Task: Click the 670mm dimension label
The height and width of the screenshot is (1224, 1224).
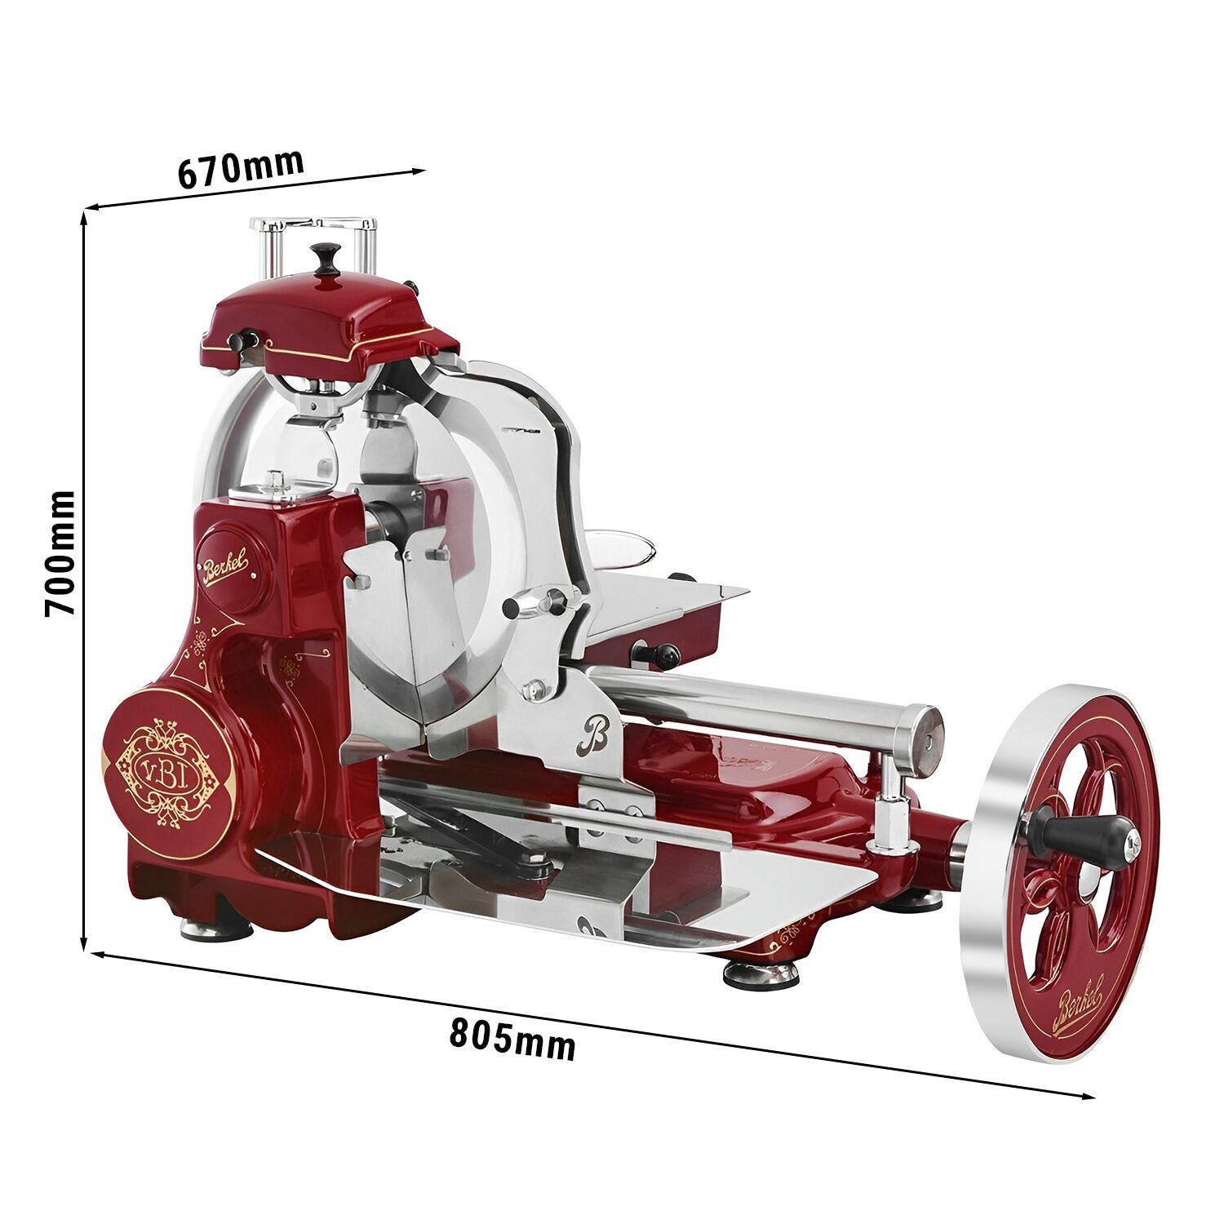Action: [x=241, y=167]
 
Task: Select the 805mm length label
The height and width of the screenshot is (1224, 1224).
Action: [x=512, y=1038]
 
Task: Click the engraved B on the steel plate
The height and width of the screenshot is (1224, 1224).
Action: [x=593, y=734]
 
